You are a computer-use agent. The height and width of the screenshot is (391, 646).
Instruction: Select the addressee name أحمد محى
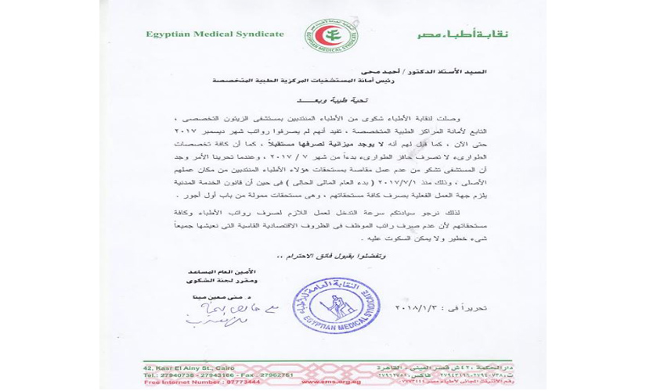pos(377,71)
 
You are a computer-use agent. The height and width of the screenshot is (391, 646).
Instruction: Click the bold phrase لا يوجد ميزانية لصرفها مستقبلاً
pos(313,145)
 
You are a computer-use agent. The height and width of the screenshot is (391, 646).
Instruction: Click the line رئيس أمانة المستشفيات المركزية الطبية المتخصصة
pos(348,81)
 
